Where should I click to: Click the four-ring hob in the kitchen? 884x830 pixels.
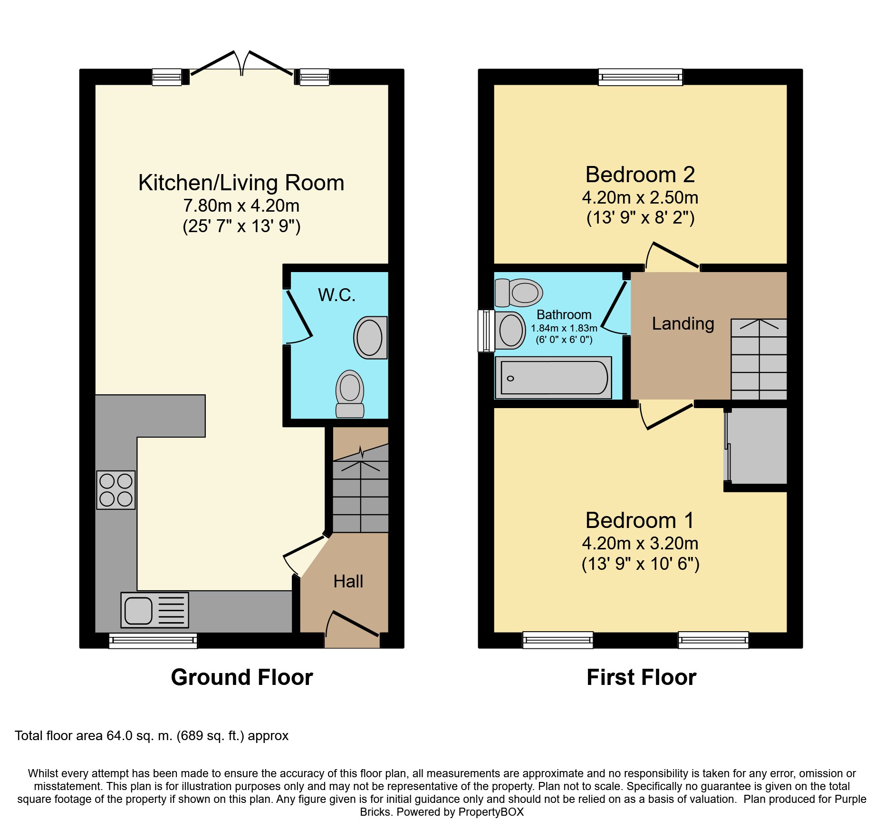point(116,490)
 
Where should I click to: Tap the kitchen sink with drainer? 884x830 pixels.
point(155,610)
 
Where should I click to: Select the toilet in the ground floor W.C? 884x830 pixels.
point(350,394)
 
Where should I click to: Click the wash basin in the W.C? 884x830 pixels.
point(371,338)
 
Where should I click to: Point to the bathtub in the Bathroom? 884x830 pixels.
point(553,378)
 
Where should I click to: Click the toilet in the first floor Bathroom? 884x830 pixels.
point(519,293)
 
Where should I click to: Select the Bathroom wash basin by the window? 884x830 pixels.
point(510,330)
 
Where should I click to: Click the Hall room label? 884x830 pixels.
point(348,581)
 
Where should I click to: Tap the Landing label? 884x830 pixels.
point(683,324)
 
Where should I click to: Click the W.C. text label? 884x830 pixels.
point(336,295)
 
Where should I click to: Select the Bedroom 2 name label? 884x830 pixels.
point(640,175)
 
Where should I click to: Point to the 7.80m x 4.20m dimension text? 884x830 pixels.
point(241,205)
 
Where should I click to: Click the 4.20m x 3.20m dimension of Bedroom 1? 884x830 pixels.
point(640,543)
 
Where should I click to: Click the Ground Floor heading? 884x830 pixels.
point(242,677)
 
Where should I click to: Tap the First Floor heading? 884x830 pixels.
point(641,677)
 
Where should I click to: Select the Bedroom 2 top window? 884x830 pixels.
point(640,77)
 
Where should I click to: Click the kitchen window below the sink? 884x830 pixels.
point(153,641)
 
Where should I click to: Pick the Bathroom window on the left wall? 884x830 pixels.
point(486,331)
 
